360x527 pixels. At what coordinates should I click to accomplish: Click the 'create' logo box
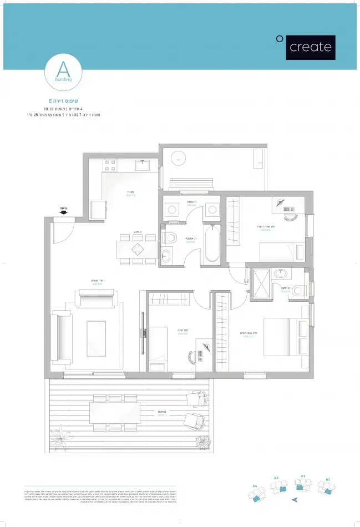point(310,47)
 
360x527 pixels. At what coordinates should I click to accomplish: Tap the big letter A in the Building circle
point(63,70)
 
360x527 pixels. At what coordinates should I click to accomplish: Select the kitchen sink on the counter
point(143,164)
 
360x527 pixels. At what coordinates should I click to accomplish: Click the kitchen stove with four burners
point(110,165)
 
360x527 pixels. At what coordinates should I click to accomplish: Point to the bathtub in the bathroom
point(212,245)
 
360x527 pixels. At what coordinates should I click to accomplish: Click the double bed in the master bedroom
point(284,336)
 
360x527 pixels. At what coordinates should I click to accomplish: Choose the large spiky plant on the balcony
point(60,436)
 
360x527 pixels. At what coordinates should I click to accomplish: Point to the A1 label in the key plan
point(328,478)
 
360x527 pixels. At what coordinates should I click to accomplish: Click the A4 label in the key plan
point(255,486)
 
